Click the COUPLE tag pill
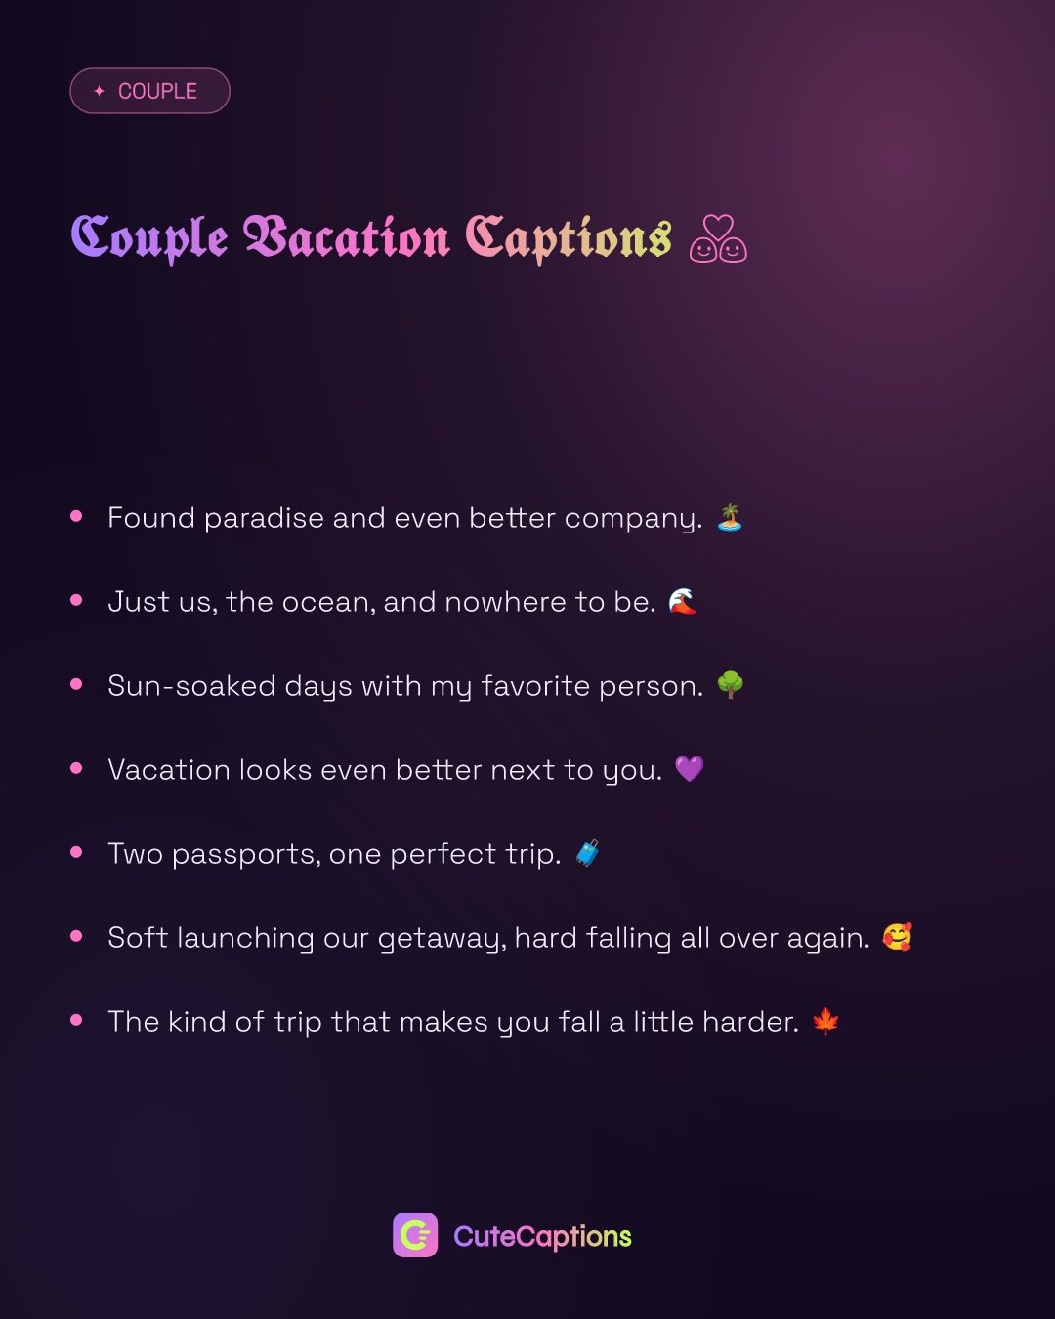point(149,91)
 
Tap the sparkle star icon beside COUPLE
point(100,91)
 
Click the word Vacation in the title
point(347,237)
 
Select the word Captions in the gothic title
point(569,239)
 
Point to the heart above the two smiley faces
point(718,227)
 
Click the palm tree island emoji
point(730,517)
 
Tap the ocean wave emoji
point(682,601)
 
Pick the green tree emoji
point(730,685)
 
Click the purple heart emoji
point(689,769)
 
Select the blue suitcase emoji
point(587,853)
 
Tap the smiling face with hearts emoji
point(898,937)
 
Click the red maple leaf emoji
point(825,1021)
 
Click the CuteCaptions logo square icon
point(415,1234)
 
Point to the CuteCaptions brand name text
point(542,1236)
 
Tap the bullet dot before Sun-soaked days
point(76,684)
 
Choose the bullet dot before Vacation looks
point(76,768)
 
